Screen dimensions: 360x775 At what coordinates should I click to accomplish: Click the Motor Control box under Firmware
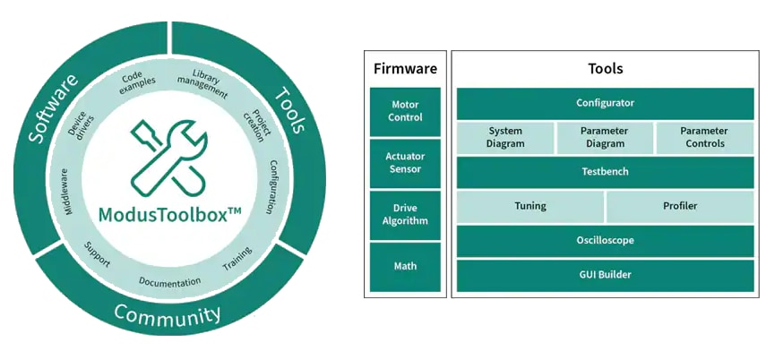[x=405, y=111]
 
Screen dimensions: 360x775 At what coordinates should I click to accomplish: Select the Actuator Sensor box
[x=405, y=163]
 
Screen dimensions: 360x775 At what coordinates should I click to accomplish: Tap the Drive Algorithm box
[x=405, y=215]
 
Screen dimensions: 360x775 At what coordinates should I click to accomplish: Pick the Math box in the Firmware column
[x=405, y=266]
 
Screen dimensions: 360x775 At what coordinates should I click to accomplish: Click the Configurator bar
[x=605, y=103]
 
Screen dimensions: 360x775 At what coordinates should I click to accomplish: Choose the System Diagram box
[x=504, y=137]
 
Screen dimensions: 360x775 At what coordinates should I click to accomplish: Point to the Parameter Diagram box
[x=605, y=137]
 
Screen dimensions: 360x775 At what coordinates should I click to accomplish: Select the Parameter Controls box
[x=704, y=137]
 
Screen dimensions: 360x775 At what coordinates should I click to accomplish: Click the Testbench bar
[x=605, y=171]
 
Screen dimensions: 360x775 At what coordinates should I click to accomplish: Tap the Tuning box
[x=530, y=206]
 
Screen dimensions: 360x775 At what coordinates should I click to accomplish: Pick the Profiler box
[x=680, y=206]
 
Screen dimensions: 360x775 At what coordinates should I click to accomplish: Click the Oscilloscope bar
[x=605, y=240]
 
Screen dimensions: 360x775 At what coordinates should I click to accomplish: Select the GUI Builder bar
[x=605, y=274]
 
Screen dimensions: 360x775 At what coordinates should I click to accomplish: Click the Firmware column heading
[x=405, y=68]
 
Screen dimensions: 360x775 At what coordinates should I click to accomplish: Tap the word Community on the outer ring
[x=168, y=315]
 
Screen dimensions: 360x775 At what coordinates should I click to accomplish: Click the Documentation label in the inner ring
[x=169, y=281]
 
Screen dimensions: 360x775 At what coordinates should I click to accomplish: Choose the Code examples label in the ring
[x=138, y=80]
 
